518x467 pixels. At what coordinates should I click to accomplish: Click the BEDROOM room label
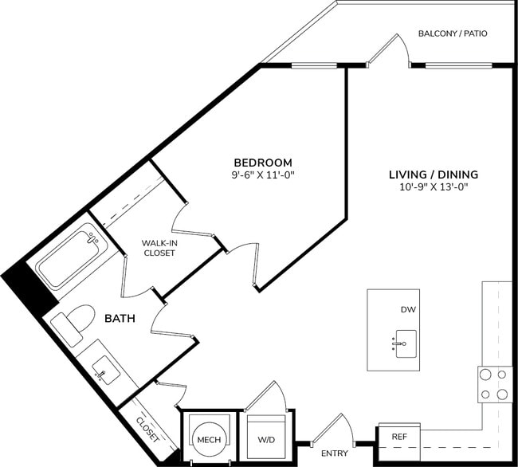262,161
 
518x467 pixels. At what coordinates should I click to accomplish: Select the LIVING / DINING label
433,174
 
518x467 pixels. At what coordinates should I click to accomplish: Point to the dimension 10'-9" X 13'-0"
433,187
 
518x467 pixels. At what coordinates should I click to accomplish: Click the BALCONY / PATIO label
452,33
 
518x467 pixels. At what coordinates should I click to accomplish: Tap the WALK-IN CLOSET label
159,248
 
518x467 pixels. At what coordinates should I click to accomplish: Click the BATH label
120,318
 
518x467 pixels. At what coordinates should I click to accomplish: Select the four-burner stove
494,383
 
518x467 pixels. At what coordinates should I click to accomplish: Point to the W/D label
265,438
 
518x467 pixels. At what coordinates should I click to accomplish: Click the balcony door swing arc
390,48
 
